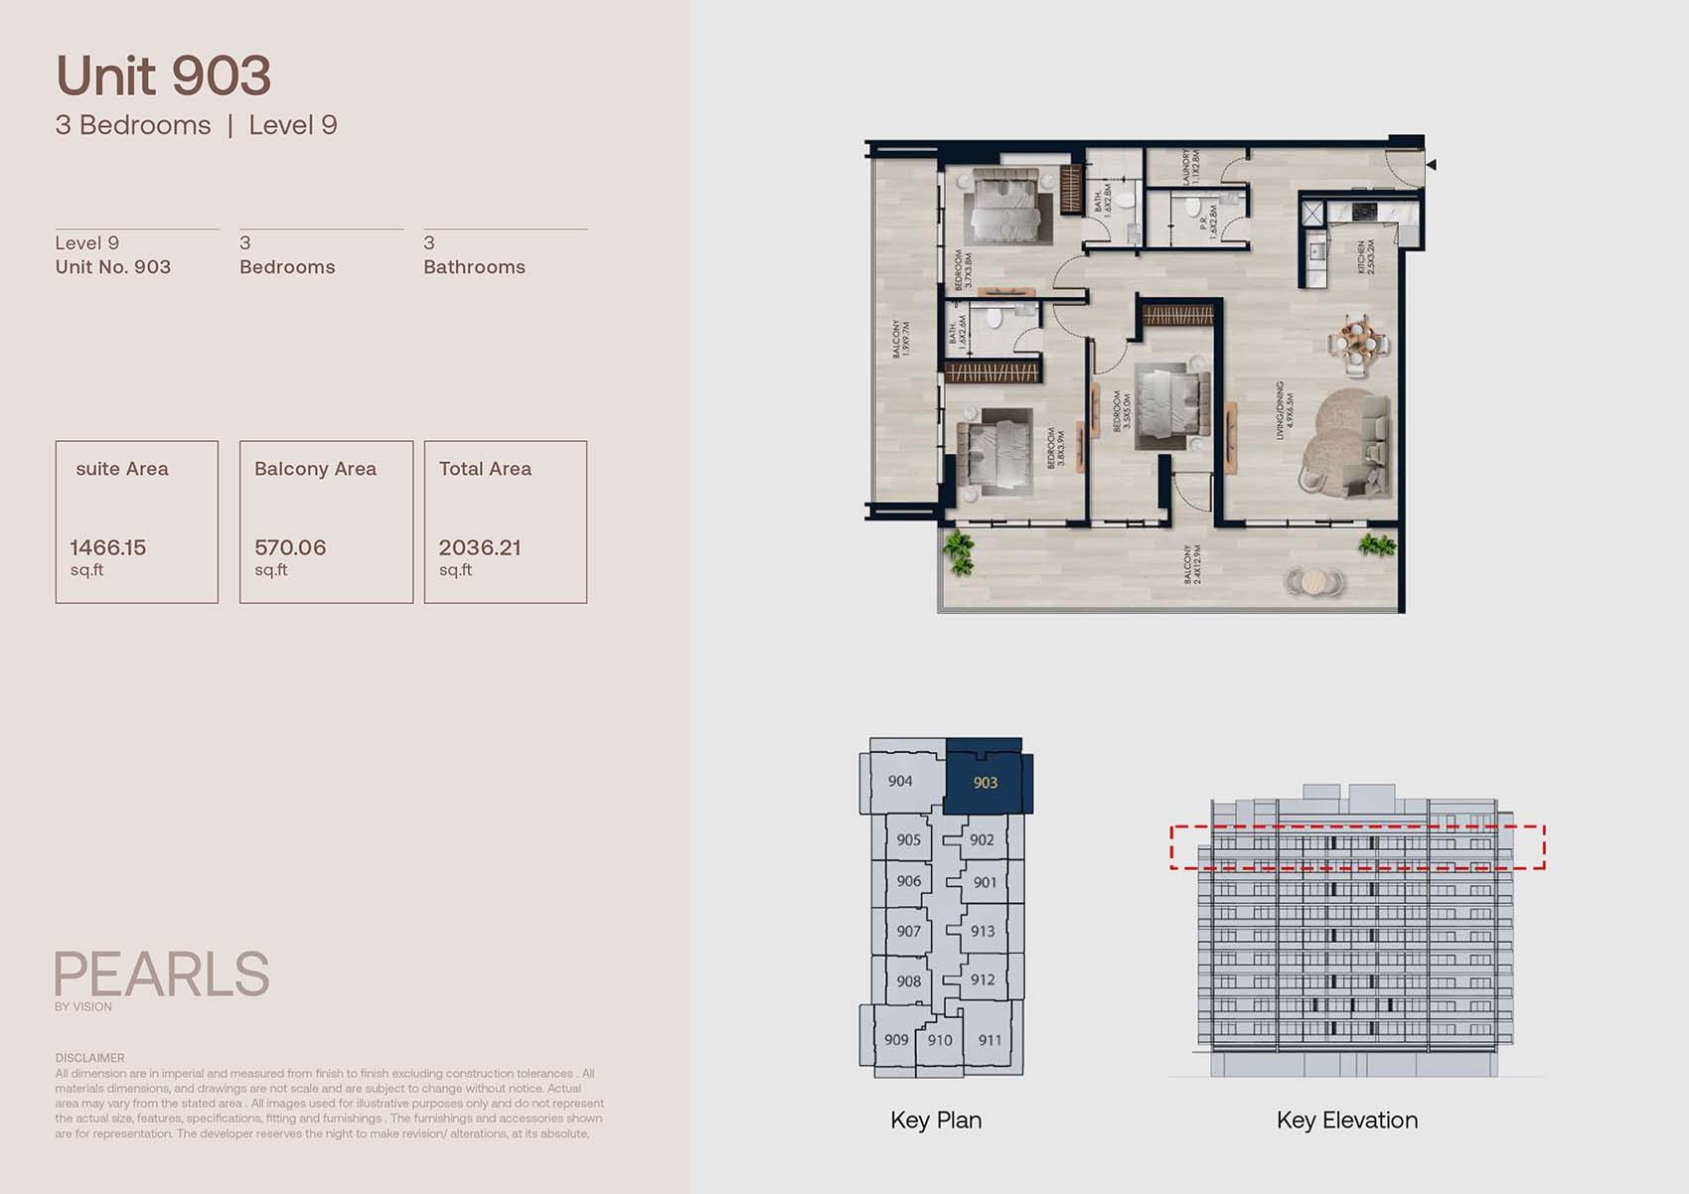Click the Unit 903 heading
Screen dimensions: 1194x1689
pyautogui.click(x=163, y=76)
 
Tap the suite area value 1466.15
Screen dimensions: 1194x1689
pyautogui.click(x=107, y=547)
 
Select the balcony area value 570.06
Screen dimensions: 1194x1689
pyautogui.click(x=290, y=547)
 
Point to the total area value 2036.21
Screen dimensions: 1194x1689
pyautogui.click(x=480, y=547)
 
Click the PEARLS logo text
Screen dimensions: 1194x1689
pyautogui.click(x=161, y=974)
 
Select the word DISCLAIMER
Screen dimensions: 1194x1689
pyautogui.click(x=89, y=1058)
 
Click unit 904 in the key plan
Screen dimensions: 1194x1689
pyautogui.click(x=900, y=781)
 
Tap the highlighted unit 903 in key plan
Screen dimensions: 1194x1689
pyautogui.click(x=985, y=783)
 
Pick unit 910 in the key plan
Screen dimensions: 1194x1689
pyautogui.click(x=939, y=1040)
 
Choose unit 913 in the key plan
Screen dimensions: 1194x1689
pyautogui.click(x=983, y=931)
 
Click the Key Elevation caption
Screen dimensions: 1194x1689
pyautogui.click(x=1346, y=1120)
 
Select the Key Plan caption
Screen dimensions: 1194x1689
pyautogui.click(x=936, y=1120)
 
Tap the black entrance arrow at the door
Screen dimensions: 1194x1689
pyautogui.click(x=1431, y=165)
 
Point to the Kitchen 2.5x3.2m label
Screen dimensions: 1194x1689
pyautogui.click(x=1366, y=256)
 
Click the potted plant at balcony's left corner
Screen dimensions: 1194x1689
pyautogui.click(x=959, y=552)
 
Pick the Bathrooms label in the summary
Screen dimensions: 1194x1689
pyautogui.click(x=474, y=267)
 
